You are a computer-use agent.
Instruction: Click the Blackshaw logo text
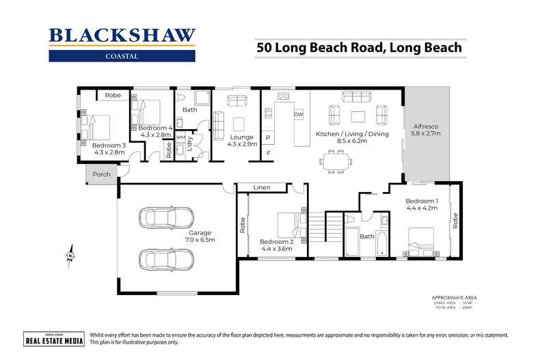coord(122,36)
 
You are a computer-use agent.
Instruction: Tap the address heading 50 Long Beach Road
coord(359,48)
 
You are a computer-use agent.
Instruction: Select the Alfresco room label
coord(426,130)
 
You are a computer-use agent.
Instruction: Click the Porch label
coord(101,174)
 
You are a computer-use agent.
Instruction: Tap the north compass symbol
coord(70,255)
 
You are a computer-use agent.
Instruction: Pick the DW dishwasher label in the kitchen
coord(298,115)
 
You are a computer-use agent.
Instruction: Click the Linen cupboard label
coord(260,187)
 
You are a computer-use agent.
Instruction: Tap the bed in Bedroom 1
coord(423,240)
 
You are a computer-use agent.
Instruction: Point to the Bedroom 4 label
coord(155,131)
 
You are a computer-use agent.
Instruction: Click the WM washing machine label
coord(180,137)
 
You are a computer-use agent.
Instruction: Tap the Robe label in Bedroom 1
coord(453,219)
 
